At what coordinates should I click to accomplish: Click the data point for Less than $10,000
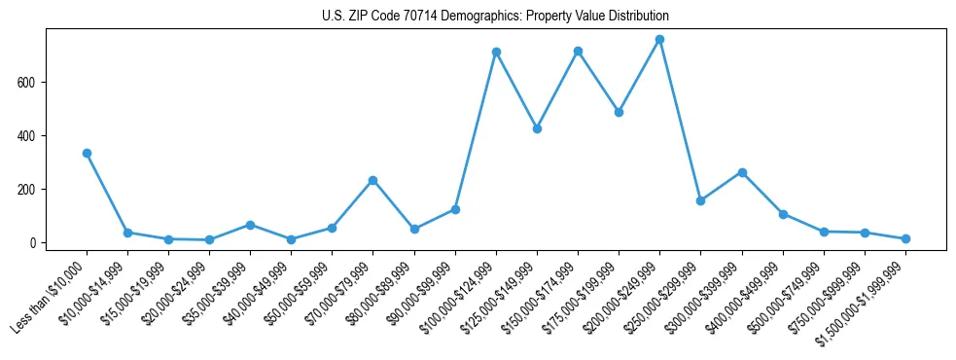(87, 153)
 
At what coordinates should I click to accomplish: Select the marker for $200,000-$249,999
(659, 40)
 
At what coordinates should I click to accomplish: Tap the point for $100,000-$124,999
(496, 52)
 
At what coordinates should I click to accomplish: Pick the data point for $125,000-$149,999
(537, 128)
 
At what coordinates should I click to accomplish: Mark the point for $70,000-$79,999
(372, 180)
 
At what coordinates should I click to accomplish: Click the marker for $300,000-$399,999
(742, 172)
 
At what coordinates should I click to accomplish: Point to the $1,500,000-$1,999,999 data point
(905, 238)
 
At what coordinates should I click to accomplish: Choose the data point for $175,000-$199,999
(619, 112)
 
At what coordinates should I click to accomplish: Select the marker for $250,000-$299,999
(700, 200)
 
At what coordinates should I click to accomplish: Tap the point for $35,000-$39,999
(250, 225)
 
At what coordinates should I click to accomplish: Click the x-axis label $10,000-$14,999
(95, 290)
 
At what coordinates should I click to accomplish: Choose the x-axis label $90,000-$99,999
(423, 290)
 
